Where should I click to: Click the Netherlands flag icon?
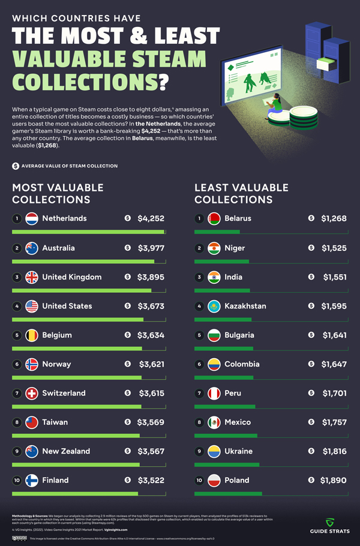(32, 219)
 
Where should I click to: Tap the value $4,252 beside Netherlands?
(151, 219)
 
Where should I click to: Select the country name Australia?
(58, 248)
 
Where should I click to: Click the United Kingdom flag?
(32, 277)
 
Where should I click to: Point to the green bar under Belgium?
(77, 348)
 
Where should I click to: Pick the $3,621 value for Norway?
(151, 364)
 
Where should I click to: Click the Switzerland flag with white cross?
(32, 393)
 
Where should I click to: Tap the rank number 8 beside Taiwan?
(17, 422)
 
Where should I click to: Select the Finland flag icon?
(32, 480)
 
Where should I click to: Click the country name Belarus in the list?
(238, 219)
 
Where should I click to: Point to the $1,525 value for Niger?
(334, 248)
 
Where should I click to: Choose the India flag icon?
(214, 277)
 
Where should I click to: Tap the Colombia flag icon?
(214, 364)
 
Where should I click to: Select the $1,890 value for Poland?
(334, 480)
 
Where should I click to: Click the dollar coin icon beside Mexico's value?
(311, 422)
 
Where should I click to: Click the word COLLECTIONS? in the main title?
(91, 81)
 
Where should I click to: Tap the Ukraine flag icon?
(214, 451)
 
